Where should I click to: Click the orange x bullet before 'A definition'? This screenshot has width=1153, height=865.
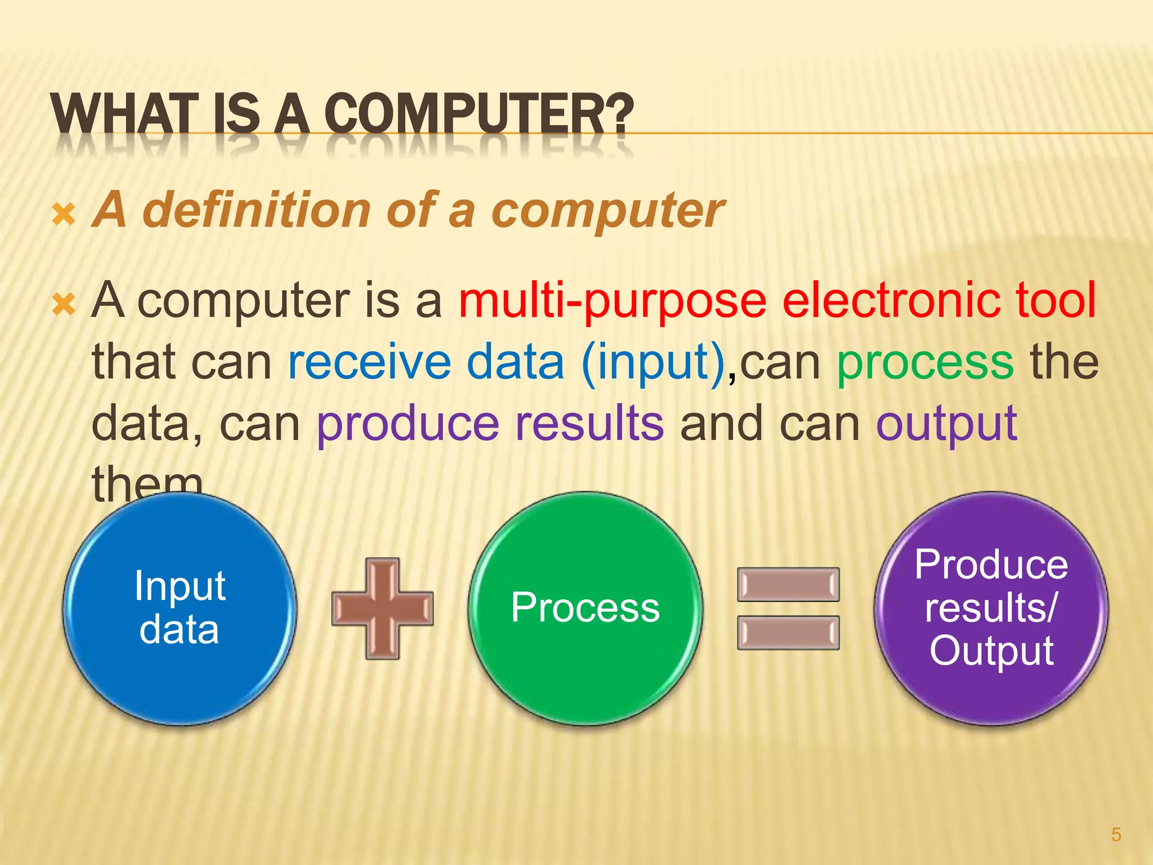63,215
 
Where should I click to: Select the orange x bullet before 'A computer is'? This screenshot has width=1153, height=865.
63,304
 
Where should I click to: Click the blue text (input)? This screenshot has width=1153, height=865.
653,363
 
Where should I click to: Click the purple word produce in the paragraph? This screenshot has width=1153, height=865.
408,425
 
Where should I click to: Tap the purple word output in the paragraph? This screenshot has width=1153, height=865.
946,425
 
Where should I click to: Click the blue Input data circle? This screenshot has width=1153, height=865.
179,608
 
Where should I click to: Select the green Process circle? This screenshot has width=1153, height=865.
585,608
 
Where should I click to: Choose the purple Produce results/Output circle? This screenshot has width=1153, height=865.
991,608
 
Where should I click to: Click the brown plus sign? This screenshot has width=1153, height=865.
382,608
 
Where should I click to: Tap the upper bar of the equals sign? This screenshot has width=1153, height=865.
788,585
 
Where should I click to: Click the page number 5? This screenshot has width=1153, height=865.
1116,834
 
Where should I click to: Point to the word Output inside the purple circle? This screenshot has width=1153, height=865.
991,651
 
